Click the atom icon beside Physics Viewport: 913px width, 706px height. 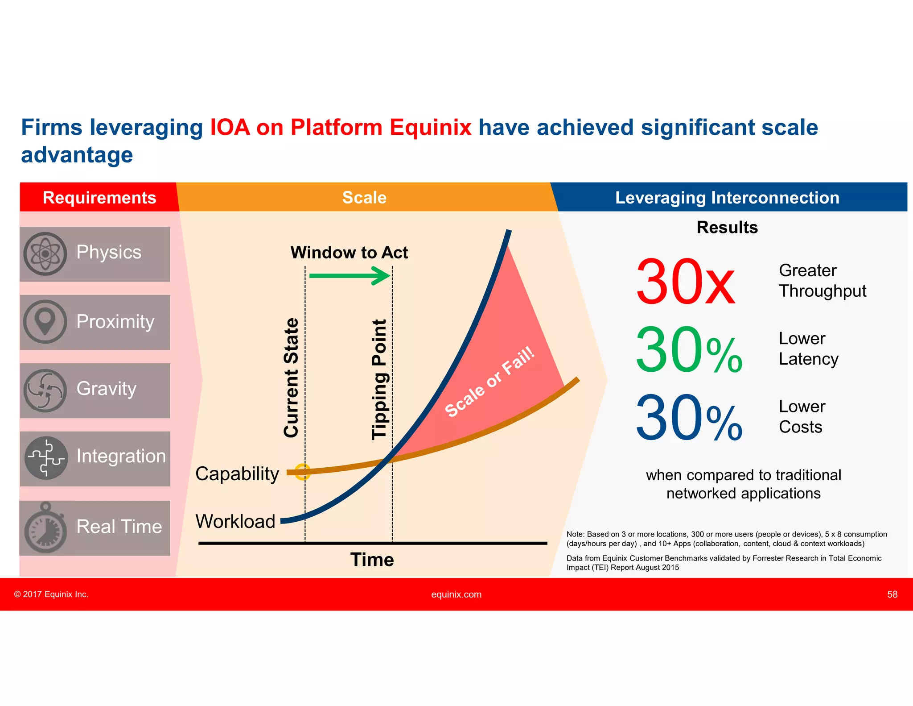(45, 253)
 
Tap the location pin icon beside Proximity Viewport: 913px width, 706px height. (45, 321)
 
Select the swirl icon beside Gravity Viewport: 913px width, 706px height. (45, 390)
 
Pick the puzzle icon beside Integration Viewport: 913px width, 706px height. (46, 457)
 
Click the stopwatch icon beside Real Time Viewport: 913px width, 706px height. (45, 528)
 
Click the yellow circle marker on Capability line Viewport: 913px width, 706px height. (303, 472)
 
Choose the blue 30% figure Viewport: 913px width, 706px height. (688, 418)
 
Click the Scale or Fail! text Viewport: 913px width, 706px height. (489, 382)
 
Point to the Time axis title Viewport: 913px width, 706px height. (372, 560)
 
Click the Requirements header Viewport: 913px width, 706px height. (99, 197)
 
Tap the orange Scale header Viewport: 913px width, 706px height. (364, 197)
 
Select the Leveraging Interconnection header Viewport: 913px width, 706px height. (727, 197)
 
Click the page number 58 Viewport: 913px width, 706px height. (892, 594)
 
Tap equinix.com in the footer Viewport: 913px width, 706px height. (456, 594)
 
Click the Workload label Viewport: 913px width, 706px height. (235, 521)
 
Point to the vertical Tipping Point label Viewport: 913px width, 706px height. (379, 379)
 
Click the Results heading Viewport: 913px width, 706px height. (727, 227)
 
